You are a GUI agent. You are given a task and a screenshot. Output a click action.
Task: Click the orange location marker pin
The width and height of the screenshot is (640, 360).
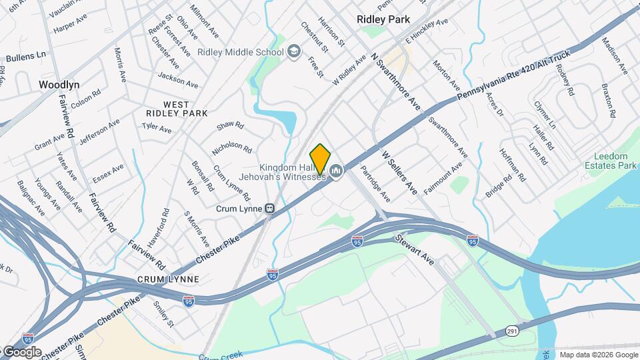tap(320, 159)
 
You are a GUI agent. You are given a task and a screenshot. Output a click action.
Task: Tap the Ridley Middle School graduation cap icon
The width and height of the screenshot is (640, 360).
tap(294, 52)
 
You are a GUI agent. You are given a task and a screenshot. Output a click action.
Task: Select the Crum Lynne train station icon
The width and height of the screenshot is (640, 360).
tap(270, 208)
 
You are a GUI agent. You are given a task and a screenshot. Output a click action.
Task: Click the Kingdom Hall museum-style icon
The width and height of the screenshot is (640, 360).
tap(337, 172)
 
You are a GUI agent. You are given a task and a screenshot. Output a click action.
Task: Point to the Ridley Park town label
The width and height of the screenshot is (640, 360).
tap(383, 19)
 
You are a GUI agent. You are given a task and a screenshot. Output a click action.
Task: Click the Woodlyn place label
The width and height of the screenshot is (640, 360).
tap(59, 85)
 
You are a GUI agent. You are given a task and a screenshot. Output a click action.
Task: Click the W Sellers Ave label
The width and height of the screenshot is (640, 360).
tap(400, 172)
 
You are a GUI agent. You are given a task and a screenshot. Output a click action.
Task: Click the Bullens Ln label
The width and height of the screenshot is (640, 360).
tap(23, 53)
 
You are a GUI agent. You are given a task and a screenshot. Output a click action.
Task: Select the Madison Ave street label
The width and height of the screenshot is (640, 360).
tap(615, 54)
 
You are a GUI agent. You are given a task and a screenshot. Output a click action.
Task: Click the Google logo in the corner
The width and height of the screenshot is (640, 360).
tap(21, 351)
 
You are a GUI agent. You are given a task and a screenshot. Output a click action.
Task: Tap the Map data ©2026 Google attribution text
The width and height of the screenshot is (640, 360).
tap(598, 355)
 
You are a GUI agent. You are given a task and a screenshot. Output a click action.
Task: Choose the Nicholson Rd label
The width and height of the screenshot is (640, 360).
tap(231, 147)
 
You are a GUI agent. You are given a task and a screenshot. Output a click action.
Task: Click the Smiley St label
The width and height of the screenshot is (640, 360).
tap(163, 314)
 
